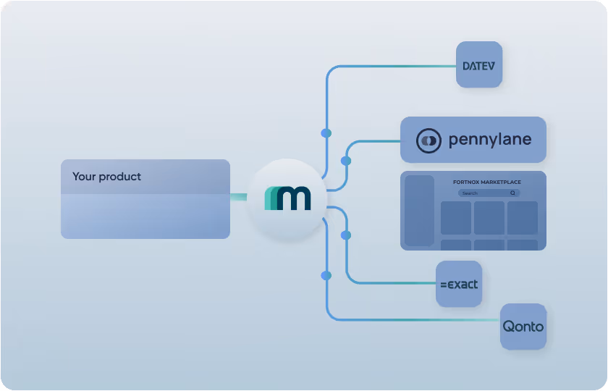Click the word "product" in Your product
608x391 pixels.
point(120,177)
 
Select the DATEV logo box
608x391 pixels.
point(478,65)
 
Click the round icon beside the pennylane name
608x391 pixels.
point(428,140)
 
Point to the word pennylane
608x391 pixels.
point(490,140)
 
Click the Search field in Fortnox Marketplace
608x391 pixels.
point(485,193)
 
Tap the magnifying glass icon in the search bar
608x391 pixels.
point(513,193)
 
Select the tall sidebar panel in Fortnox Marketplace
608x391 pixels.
point(418,210)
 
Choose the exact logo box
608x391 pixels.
point(459,284)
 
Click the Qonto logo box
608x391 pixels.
point(523,327)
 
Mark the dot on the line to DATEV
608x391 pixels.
point(326,133)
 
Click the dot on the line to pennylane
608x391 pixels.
point(346,160)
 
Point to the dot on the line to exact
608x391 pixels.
point(346,235)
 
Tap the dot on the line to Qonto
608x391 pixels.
point(326,275)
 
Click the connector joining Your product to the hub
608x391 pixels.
point(238,196)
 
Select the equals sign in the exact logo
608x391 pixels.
point(444,285)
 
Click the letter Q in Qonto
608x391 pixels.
point(509,326)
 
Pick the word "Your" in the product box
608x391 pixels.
point(84,177)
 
